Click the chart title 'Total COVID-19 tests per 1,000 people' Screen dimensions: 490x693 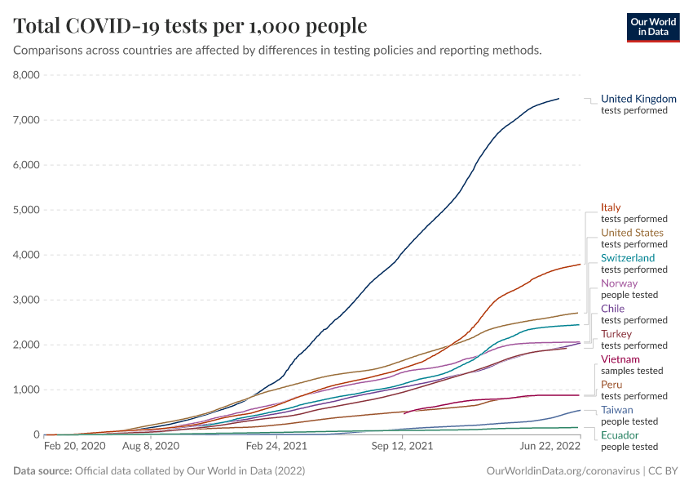click(x=190, y=26)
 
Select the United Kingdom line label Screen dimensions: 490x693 click(x=638, y=99)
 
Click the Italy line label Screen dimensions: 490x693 click(x=611, y=207)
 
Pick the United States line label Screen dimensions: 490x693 click(x=632, y=233)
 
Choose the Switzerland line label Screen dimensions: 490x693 click(x=628, y=258)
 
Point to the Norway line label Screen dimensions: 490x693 click(x=619, y=283)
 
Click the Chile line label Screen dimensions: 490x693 click(x=612, y=309)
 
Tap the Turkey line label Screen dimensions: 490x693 click(x=616, y=334)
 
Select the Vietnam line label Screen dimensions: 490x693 click(x=620, y=359)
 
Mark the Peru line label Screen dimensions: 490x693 click(x=611, y=385)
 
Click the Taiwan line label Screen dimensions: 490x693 click(x=616, y=410)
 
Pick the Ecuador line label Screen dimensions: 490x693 click(x=620, y=435)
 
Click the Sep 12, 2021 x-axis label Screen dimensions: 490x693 click(x=401, y=448)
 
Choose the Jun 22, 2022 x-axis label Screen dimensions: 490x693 click(x=551, y=448)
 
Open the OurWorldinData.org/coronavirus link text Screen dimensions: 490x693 click(x=562, y=471)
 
